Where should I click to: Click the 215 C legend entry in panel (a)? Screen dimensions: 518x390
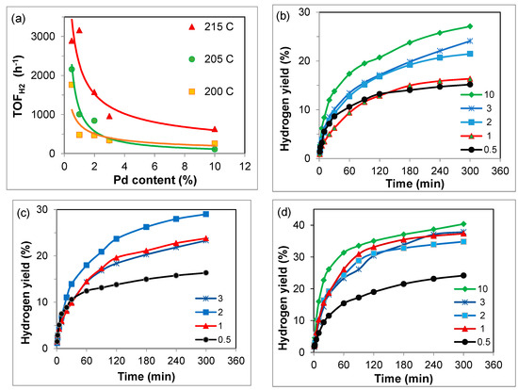click(211, 26)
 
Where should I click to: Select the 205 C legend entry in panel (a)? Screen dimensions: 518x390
click(211, 59)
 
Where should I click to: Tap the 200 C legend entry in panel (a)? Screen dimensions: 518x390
click(211, 91)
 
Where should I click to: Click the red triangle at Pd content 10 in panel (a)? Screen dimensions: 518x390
click(215, 129)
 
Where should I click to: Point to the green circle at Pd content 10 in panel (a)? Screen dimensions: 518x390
click(215, 149)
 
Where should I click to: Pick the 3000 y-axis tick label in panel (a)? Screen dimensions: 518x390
click(43, 36)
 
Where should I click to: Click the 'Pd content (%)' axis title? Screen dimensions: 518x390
click(155, 180)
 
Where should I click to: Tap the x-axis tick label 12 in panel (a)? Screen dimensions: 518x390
click(245, 166)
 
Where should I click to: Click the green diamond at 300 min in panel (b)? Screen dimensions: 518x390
click(470, 26)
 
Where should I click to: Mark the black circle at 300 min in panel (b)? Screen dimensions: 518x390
click(470, 84)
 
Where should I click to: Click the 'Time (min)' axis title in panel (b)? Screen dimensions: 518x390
click(415, 183)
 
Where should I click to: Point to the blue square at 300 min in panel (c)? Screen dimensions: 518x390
click(206, 214)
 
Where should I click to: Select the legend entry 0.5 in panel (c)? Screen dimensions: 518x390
click(213, 340)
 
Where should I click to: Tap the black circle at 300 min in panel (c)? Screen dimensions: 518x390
click(206, 272)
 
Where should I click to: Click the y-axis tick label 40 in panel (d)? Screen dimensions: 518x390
click(299, 225)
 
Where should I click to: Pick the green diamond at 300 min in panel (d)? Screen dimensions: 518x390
click(463, 224)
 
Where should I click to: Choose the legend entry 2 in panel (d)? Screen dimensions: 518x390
click(472, 316)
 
